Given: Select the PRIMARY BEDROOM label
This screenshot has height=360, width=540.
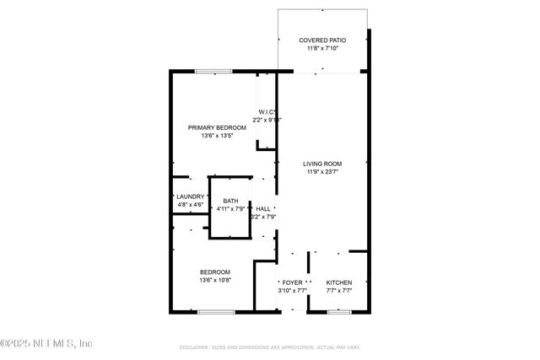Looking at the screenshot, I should point(211,127).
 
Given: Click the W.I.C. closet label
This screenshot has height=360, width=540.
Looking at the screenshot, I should point(267,112).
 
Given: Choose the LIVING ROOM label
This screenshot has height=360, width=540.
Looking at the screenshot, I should point(322,164).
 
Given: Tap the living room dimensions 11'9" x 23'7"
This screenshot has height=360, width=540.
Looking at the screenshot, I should point(323,172).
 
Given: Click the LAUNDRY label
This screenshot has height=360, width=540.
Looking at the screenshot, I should point(190,196).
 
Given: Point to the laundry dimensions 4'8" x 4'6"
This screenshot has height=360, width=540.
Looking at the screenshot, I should point(190,205).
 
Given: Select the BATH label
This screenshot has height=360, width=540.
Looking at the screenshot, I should point(230,201).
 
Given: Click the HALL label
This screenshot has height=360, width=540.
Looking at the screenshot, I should point(263,209).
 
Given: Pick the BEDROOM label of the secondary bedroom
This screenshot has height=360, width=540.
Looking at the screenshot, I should point(214,271).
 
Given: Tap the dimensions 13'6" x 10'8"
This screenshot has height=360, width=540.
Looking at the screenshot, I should point(215,280).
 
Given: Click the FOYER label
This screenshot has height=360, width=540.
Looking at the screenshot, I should point(292,282).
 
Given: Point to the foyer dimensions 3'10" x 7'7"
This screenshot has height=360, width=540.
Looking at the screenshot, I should point(293,291).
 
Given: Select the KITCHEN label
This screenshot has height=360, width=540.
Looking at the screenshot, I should point(339,282).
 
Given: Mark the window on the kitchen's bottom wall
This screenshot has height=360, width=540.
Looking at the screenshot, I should point(338,312).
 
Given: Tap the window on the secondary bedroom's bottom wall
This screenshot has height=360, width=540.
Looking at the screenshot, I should point(216,312).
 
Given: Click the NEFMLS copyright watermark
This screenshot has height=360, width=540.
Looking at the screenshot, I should point(46,343).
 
